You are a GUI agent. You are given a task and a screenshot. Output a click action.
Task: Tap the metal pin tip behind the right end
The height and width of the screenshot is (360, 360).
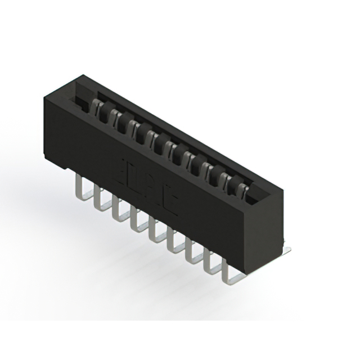click(x=287, y=247)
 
